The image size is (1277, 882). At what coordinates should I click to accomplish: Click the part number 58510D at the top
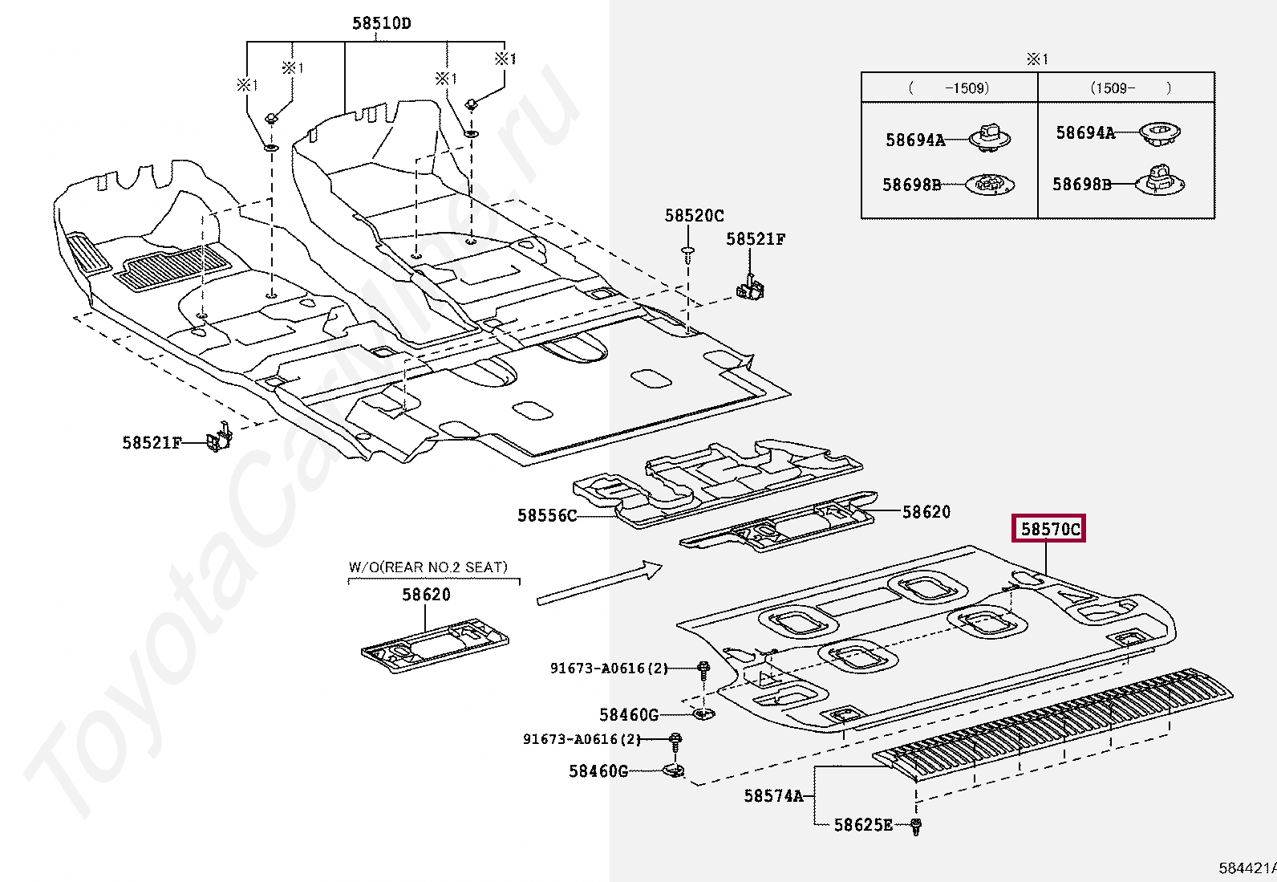pos(381,23)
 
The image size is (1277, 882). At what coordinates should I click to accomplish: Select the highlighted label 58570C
pos(1049,529)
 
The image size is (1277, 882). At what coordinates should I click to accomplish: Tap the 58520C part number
pos(694,215)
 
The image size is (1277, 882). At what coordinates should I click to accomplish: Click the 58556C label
pos(546,515)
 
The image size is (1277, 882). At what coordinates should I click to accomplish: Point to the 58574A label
pos(772,795)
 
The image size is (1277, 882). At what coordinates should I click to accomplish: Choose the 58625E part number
pos(862,824)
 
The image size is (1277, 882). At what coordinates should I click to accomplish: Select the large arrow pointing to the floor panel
pos(599,583)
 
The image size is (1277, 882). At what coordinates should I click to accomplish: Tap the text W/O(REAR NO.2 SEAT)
pos(428,567)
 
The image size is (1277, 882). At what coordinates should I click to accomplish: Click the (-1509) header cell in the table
pos(949,87)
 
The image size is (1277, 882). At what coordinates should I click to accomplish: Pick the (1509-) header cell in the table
pos(1126,87)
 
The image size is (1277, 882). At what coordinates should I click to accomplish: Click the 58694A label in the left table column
pos(915,140)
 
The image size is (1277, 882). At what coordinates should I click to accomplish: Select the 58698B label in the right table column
pos(1081,184)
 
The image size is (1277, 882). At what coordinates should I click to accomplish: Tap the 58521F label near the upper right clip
pos(756,238)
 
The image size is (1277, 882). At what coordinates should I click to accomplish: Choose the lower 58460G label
pos(598,771)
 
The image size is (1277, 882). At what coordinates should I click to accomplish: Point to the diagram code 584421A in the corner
pos(1247,868)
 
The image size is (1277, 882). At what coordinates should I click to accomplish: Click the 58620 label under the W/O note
pos(426,595)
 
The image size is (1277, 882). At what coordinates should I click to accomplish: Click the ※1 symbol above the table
pos(1037,59)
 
